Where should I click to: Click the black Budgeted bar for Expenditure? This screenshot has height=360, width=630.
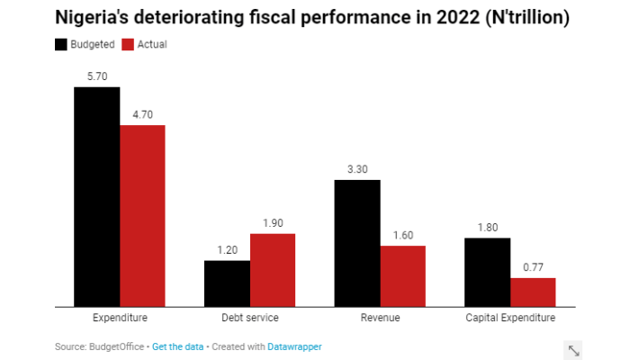point(97,197)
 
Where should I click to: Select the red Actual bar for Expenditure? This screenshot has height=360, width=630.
point(142,216)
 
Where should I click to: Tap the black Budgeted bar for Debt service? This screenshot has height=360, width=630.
point(227,283)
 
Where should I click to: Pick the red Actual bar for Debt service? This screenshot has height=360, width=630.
point(273,270)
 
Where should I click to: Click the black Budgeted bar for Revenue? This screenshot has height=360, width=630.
point(357,243)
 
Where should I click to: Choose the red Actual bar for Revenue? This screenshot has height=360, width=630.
point(402,275)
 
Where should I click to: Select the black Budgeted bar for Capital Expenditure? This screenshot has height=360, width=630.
point(487,272)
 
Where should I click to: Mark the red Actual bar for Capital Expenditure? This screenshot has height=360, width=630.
point(533,292)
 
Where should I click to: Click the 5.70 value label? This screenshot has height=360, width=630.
point(97,76)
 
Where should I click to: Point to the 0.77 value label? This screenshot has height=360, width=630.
point(533,267)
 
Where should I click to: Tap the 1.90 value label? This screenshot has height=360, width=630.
point(273,223)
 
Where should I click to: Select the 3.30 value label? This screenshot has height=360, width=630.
point(357,169)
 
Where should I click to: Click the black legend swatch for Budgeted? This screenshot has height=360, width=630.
point(61,44)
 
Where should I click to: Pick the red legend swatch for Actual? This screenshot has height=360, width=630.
point(128,44)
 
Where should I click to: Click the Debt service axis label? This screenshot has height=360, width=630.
point(249,319)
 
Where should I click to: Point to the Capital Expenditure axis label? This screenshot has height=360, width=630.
point(509,319)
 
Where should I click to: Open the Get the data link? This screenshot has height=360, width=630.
point(177,346)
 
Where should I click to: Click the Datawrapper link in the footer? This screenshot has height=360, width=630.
point(294,346)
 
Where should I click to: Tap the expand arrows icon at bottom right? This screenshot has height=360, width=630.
point(573,349)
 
